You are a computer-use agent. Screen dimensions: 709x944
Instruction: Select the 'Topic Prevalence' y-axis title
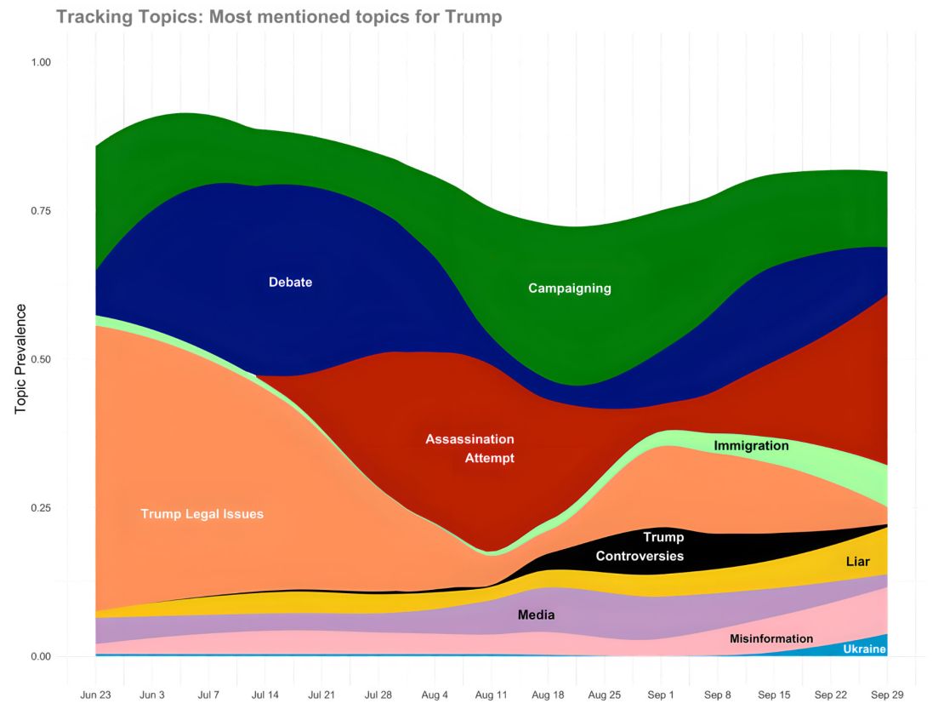(21, 358)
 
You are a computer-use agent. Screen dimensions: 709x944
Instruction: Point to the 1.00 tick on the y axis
(41, 62)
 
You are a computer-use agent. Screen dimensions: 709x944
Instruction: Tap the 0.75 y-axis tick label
(41, 211)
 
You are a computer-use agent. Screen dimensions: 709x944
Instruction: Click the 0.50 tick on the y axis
(41, 359)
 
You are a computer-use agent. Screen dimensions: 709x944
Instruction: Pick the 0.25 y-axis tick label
(41, 508)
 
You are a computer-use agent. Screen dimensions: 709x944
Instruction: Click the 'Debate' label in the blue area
(290, 283)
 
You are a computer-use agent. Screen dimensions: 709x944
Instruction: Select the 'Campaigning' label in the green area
(569, 289)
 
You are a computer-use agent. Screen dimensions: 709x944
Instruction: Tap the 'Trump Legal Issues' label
(202, 514)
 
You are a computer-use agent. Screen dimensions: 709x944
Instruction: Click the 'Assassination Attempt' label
(470, 449)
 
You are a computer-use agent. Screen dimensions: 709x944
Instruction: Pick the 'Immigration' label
(751, 445)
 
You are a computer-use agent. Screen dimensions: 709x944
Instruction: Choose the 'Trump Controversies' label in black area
(640, 546)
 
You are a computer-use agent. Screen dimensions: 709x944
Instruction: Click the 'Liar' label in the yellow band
(857, 562)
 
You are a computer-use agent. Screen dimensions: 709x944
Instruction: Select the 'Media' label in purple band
(536, 614)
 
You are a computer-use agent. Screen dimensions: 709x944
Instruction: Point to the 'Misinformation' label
(771, 638)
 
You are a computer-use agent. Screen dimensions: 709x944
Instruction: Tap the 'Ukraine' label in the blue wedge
(864, 649)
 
